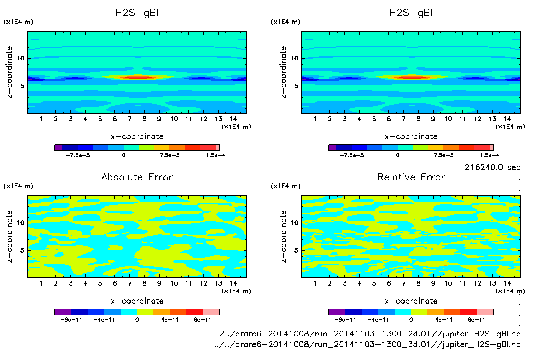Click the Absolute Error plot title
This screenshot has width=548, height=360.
pyautogui.click(x=137, y=177)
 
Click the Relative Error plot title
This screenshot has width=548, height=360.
pyautogui.click(x=411, y=177)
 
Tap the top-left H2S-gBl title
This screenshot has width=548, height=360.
pyautogui.click(x=137, y=13)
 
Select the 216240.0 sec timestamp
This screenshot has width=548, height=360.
pyautogui.click(x=492, y=167)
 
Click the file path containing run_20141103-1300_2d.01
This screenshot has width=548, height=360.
pyautogui.click(x=367, y=334)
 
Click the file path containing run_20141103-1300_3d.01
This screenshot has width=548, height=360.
pyautogui.click(x=367, y=344)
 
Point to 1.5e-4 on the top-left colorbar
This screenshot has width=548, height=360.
pyautogui.click(x=216, y=155)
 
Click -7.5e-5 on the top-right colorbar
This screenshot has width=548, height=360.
pyautogui.click(x=352, y=155)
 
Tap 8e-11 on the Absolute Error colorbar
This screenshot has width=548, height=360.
pyautogui.click(x=203, y=320)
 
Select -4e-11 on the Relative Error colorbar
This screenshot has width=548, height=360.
pyautogui.click(x=378, y=320)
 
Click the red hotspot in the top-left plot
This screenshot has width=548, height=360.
pyautogui.click(x=138, y=78)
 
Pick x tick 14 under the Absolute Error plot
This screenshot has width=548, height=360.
pyautogui.click(x=233, y=283)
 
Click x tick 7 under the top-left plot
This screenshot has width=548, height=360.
pyautogui.click(x=129, y=119)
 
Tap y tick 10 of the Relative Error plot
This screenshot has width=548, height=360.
pyautogui.click(x=294, y=223)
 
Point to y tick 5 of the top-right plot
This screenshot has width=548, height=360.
pyautogui.click(x=296, y=86)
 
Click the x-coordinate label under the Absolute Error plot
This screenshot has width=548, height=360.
pyautogui.click(x=137, y=301)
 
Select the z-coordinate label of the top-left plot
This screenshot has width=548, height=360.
pyautogui.click(x=9, y=72)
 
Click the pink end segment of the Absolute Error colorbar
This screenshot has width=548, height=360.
pyautogui.click(x=211, y=312)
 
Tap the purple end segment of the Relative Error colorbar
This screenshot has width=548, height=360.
pyautogui.click(x=337, y=312)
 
